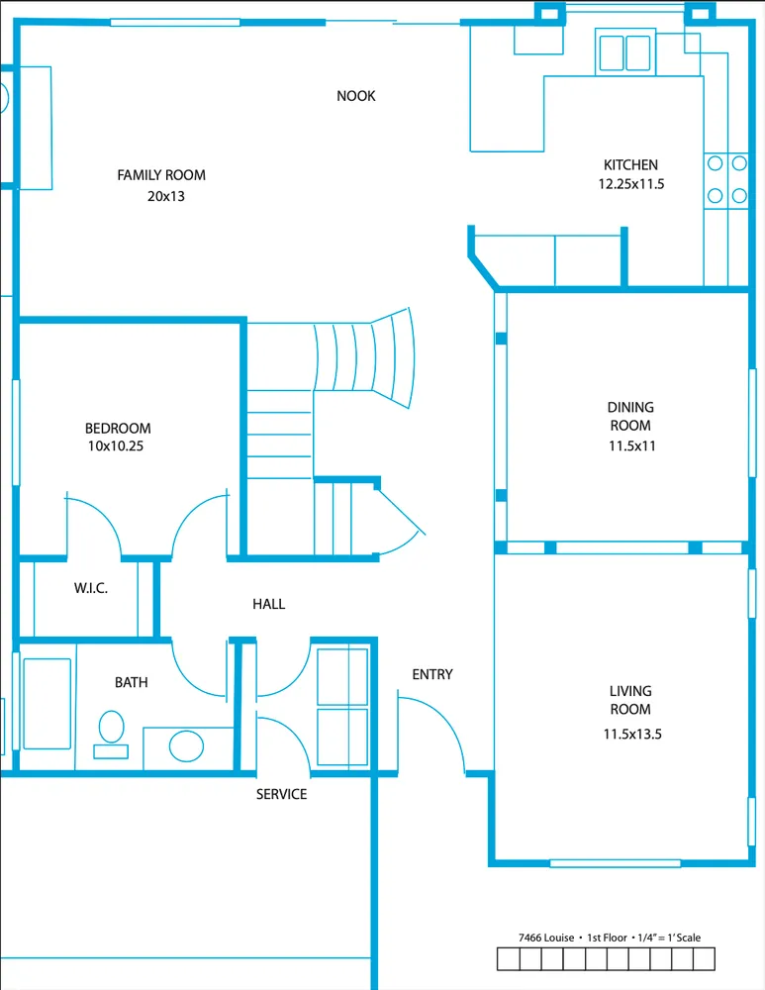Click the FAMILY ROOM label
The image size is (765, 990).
161,175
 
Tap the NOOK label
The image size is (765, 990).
356,96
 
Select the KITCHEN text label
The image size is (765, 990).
630,165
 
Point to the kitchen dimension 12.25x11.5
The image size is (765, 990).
630,184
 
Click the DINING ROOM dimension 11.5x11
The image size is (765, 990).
630,445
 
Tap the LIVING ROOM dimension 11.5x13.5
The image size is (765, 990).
631,734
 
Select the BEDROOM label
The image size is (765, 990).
118,429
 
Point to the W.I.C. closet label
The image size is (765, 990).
91,588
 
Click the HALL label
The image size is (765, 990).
268,603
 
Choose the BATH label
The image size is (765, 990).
132,682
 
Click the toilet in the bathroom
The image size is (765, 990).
111,731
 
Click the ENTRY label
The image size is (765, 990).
432,674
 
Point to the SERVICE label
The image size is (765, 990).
281,794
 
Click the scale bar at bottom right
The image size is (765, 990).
606,958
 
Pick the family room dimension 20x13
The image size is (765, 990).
166,196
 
